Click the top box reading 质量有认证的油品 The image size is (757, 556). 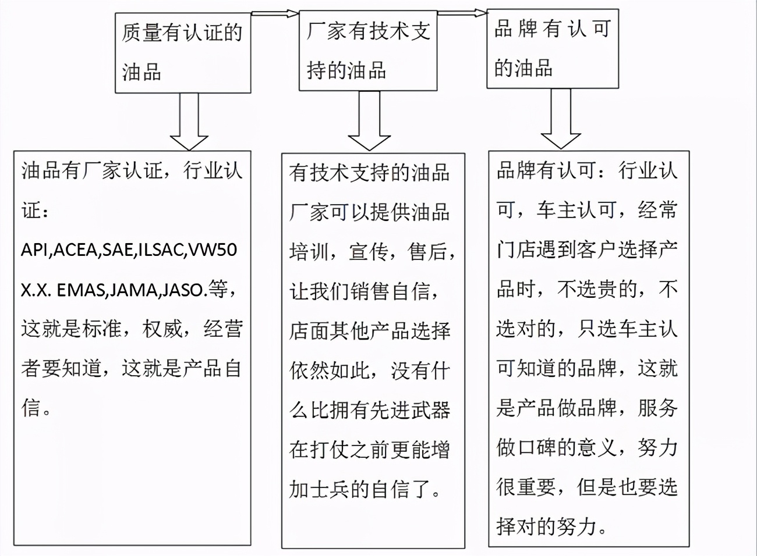(183, 53)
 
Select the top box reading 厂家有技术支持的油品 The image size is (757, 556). (367, 51)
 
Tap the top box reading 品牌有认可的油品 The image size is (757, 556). (552, 49)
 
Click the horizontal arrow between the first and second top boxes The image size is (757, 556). (275, 13)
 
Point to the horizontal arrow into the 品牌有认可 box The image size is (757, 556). (462, 12)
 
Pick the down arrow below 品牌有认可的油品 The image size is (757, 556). (561, 119)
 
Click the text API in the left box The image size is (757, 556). (36, 250)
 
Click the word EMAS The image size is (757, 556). (80, 290)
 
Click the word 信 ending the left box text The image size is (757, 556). (30, 408)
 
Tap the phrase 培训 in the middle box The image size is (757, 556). (309, 252)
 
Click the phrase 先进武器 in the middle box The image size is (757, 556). (411, 411)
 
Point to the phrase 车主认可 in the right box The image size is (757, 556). (576, 211)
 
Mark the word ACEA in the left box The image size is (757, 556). (76, 250)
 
